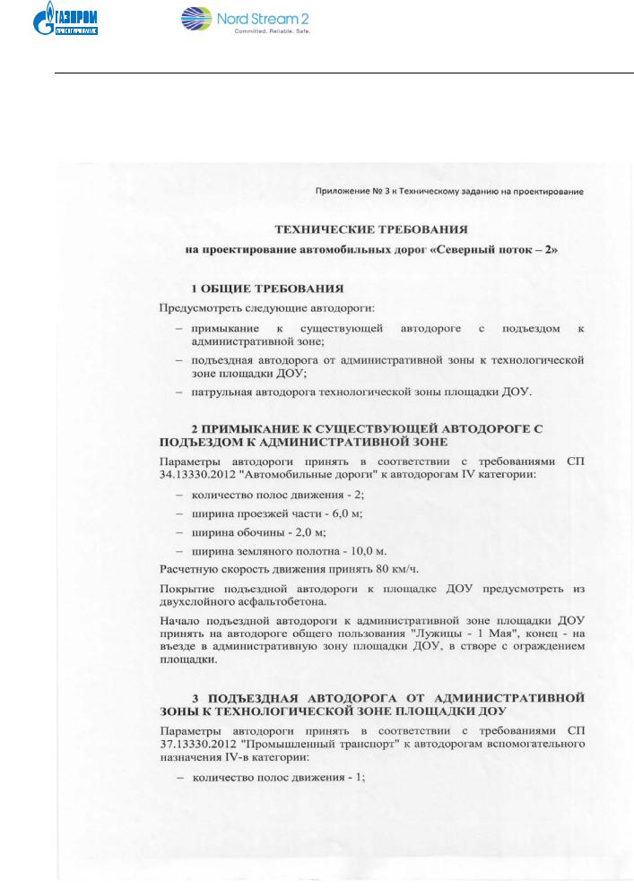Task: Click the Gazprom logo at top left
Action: pyautogui.click(x=68, y=20)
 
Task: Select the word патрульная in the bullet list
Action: pyautogui.click(x=224, y=392)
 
